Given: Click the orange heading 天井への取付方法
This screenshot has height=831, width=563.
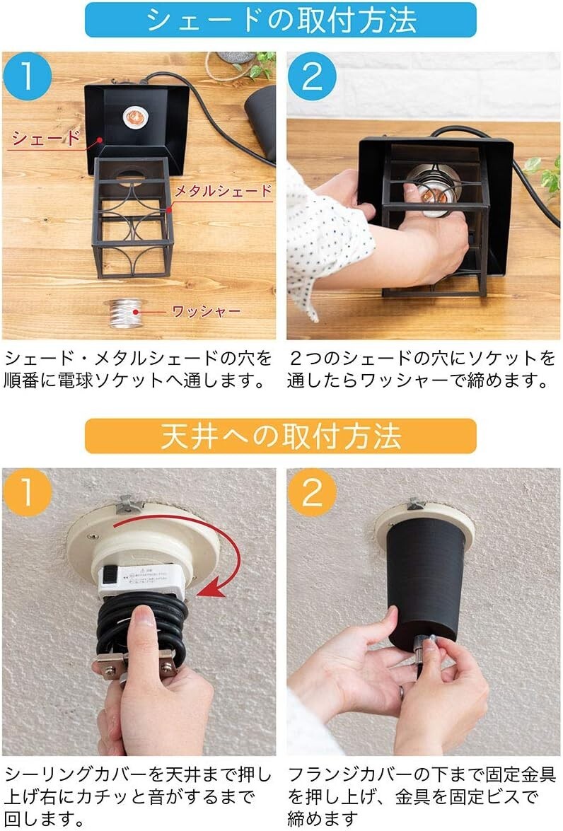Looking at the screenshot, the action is click(x=281, y=436).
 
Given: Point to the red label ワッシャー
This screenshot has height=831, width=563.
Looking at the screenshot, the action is click(x=207, y=311).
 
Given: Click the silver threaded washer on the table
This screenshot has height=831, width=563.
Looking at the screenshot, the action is click(x=126, y=313).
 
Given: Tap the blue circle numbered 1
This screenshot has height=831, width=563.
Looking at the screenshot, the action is click(x=27, y=76).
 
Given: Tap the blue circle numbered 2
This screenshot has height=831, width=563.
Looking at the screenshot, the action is click(x=312, y=76).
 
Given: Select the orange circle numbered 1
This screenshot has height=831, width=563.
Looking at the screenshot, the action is click(x=27, y=492).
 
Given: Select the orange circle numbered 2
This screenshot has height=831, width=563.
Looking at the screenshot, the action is click(x=312, y=492).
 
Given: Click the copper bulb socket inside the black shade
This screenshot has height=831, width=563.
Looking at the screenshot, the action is click(x=134, y=117).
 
